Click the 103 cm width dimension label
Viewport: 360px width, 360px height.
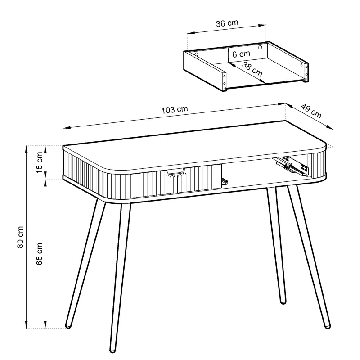(175, 110)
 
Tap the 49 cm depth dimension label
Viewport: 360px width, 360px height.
(311, 111)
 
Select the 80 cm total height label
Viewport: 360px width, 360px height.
(20, 237)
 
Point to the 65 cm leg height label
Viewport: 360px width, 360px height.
(39, 254)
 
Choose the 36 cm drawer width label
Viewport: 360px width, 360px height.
(227, 23)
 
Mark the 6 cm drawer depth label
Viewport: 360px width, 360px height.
(241, 54)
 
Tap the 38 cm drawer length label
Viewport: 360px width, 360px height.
(252, 69)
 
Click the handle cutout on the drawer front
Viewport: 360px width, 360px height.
(175, 171)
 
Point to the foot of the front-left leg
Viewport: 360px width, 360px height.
(112, 351)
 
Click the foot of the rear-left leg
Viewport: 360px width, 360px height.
(68, 325)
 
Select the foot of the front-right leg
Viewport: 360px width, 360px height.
(328, 325)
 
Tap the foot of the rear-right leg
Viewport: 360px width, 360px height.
(283, 301)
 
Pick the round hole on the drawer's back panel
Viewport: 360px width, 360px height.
(260, 48)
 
